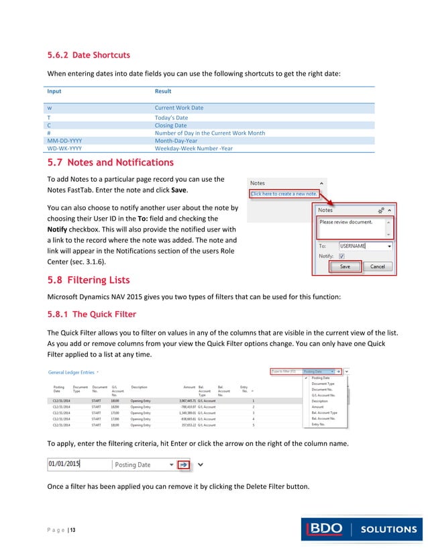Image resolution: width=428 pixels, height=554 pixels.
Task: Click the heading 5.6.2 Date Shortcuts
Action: (x=88, y=55)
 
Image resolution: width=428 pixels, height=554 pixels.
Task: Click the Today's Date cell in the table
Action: (x=171, y=117)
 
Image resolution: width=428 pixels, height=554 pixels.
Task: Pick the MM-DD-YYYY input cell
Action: (x=64, y=141)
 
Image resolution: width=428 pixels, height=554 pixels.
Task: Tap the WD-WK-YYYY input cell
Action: (x=64, y=148)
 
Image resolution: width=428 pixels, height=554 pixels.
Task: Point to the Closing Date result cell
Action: (x=170, y=125)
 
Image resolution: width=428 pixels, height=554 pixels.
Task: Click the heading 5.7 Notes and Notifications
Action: (x=110, y=162)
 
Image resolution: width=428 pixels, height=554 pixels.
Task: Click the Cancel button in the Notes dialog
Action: (x=377, y=266)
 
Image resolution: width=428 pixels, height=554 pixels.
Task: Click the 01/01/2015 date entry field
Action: (x=77, y=464)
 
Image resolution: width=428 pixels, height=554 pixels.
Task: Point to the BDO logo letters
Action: (x=328, y=529)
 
